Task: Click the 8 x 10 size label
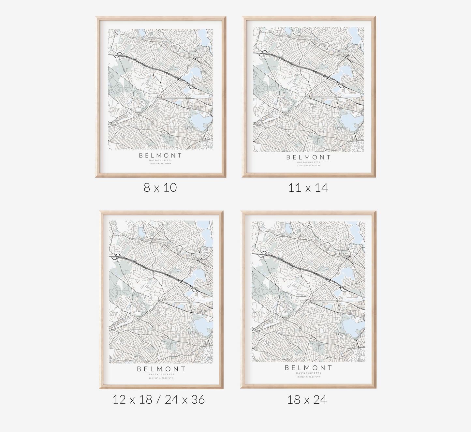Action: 160,187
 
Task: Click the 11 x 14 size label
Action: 308,188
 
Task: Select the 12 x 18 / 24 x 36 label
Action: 159,399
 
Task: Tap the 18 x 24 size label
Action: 307,400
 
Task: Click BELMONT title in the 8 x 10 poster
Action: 160,156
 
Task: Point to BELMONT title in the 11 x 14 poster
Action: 308,157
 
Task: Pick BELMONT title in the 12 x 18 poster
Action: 161,369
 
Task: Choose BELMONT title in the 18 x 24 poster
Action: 308,368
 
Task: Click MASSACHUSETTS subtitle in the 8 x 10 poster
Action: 160,160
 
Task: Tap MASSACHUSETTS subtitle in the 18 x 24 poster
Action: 308,373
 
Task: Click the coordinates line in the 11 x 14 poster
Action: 308,166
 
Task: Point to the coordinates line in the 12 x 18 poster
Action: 161,378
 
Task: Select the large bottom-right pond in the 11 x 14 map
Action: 350,122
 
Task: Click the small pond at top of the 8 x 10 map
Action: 141,33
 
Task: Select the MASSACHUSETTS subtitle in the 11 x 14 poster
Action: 308,162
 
